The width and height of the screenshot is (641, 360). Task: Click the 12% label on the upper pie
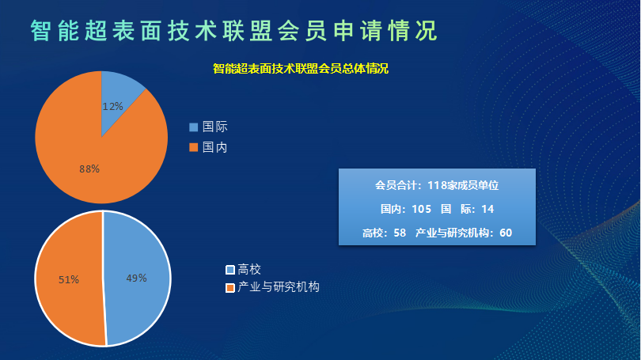[112, 107]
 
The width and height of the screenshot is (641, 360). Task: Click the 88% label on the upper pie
[89, 169]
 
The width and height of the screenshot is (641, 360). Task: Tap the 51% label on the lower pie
[69, 279]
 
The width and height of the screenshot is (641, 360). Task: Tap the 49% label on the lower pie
[137, 279]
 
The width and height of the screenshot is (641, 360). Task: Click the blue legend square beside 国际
[193, 127]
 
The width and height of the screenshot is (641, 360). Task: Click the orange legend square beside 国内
[193, 147]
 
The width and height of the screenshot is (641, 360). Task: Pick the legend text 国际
[215, 127]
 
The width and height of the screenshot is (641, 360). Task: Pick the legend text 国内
[215, 147]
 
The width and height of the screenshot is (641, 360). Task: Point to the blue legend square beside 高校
[230, 270]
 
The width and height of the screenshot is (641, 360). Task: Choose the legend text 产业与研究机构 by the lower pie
[279, 287]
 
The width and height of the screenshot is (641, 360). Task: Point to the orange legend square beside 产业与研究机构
[230, 288]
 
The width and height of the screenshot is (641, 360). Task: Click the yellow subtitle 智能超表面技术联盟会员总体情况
[301, 69]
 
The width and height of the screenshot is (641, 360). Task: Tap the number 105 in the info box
[422, 209]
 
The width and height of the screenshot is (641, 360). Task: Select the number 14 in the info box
[487, 209]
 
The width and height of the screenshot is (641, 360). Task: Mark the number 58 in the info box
[400, 233]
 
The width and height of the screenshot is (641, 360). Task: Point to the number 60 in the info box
[506, 233]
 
